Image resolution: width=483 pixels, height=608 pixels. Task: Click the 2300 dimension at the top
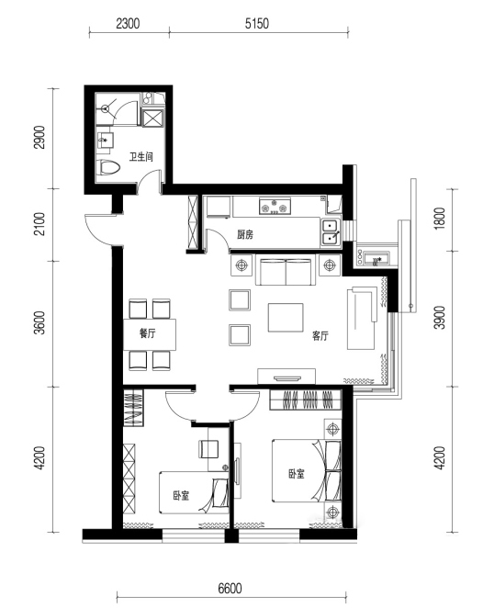coord(128,23)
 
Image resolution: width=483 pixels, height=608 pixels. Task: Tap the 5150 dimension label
coord(257,23)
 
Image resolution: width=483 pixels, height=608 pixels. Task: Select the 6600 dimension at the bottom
coord(230,589)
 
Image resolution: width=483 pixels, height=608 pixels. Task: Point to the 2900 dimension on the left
coord(39,137)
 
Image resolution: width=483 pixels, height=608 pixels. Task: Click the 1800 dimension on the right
coord(441,219)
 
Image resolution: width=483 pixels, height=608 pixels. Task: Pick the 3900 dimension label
coord(441,318)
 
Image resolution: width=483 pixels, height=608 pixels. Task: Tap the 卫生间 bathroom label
coord(141,157)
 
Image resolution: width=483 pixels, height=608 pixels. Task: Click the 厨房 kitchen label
coord(245,234)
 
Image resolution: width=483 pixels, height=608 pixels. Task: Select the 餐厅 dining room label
coord(147,333)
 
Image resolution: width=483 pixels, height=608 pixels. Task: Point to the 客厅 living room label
coord(320,336)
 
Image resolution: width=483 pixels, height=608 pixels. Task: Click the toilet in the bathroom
coord(108,168)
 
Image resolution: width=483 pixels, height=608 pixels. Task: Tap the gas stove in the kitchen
coord(275,206)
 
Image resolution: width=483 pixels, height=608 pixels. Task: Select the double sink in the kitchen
coord(331,232)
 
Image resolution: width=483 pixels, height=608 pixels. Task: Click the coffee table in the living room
coord(286,318)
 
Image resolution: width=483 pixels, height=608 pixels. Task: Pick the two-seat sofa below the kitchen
coord(286,271)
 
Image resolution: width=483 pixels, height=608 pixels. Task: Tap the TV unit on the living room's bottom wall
coord(286,377)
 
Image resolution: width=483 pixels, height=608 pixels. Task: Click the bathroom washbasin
coord(105,140)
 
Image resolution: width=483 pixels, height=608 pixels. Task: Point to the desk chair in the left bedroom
coord(209,449)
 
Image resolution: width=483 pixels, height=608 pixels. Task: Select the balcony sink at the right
coord(375,258)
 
